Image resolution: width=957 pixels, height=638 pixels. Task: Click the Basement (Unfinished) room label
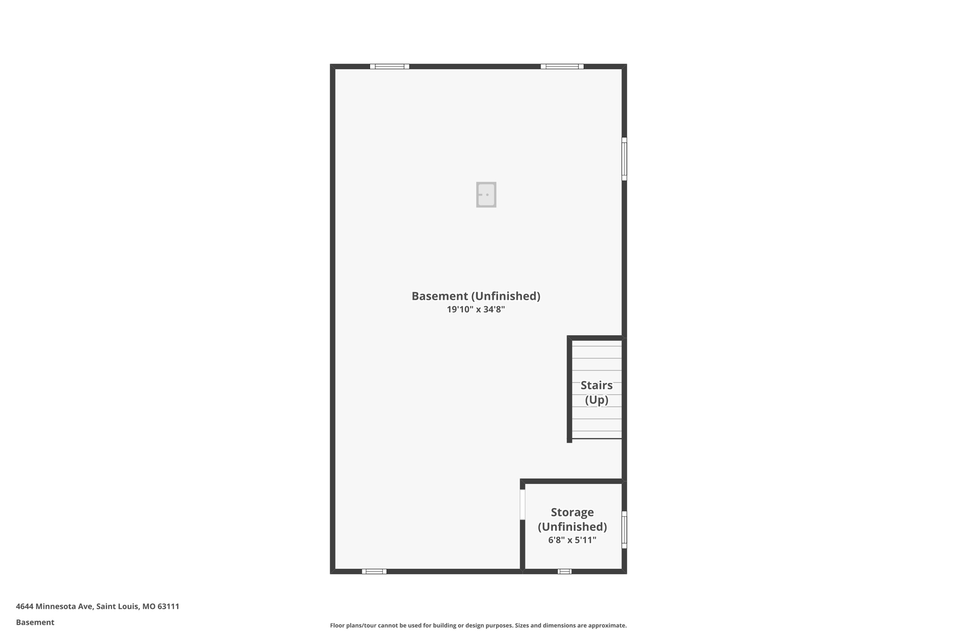coord(475,296)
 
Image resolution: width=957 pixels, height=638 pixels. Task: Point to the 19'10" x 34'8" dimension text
coord(475,309)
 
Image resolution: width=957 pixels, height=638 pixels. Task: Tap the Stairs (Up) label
coord(596,392)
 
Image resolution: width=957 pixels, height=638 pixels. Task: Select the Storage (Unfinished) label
coord(572,519)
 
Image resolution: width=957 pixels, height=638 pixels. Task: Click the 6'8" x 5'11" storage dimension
coord(572,540)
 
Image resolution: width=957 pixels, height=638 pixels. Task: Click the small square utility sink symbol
coord(486,194)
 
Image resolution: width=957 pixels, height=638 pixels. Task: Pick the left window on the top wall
coord(389,66)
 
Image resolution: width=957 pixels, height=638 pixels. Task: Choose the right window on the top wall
coord(562,66)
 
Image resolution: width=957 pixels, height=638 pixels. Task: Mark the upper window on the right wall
coord(624,159)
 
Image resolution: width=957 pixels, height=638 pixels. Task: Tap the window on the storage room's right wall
coord(624,530)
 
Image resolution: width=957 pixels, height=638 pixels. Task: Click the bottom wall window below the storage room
coord(564,571)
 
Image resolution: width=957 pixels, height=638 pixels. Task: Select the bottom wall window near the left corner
coord(374,571)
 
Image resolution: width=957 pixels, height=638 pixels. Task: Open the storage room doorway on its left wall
coord(522,504)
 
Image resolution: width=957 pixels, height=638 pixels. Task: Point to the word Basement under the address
coord(35,622)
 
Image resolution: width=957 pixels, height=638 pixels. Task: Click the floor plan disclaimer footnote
coord(478,625)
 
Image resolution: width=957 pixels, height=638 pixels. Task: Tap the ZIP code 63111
coord(168,606)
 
